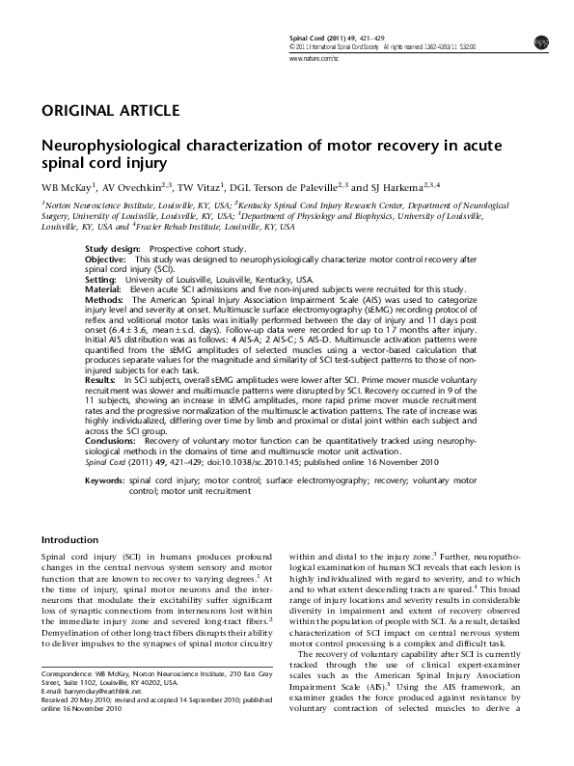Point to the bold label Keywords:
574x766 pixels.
pos(105,480)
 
